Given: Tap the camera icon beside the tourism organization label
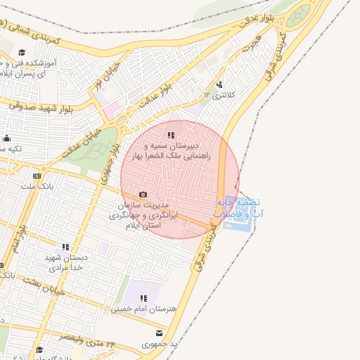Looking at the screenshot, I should tap(143, 195).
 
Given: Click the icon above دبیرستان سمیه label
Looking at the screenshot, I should tap(170, 135).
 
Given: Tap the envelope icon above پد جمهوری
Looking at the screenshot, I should tap(159, 333).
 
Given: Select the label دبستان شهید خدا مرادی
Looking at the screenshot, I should tap(65, 262).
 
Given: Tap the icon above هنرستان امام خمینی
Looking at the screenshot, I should tap(143, 298).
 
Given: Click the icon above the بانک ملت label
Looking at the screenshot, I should tap(37, 176).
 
